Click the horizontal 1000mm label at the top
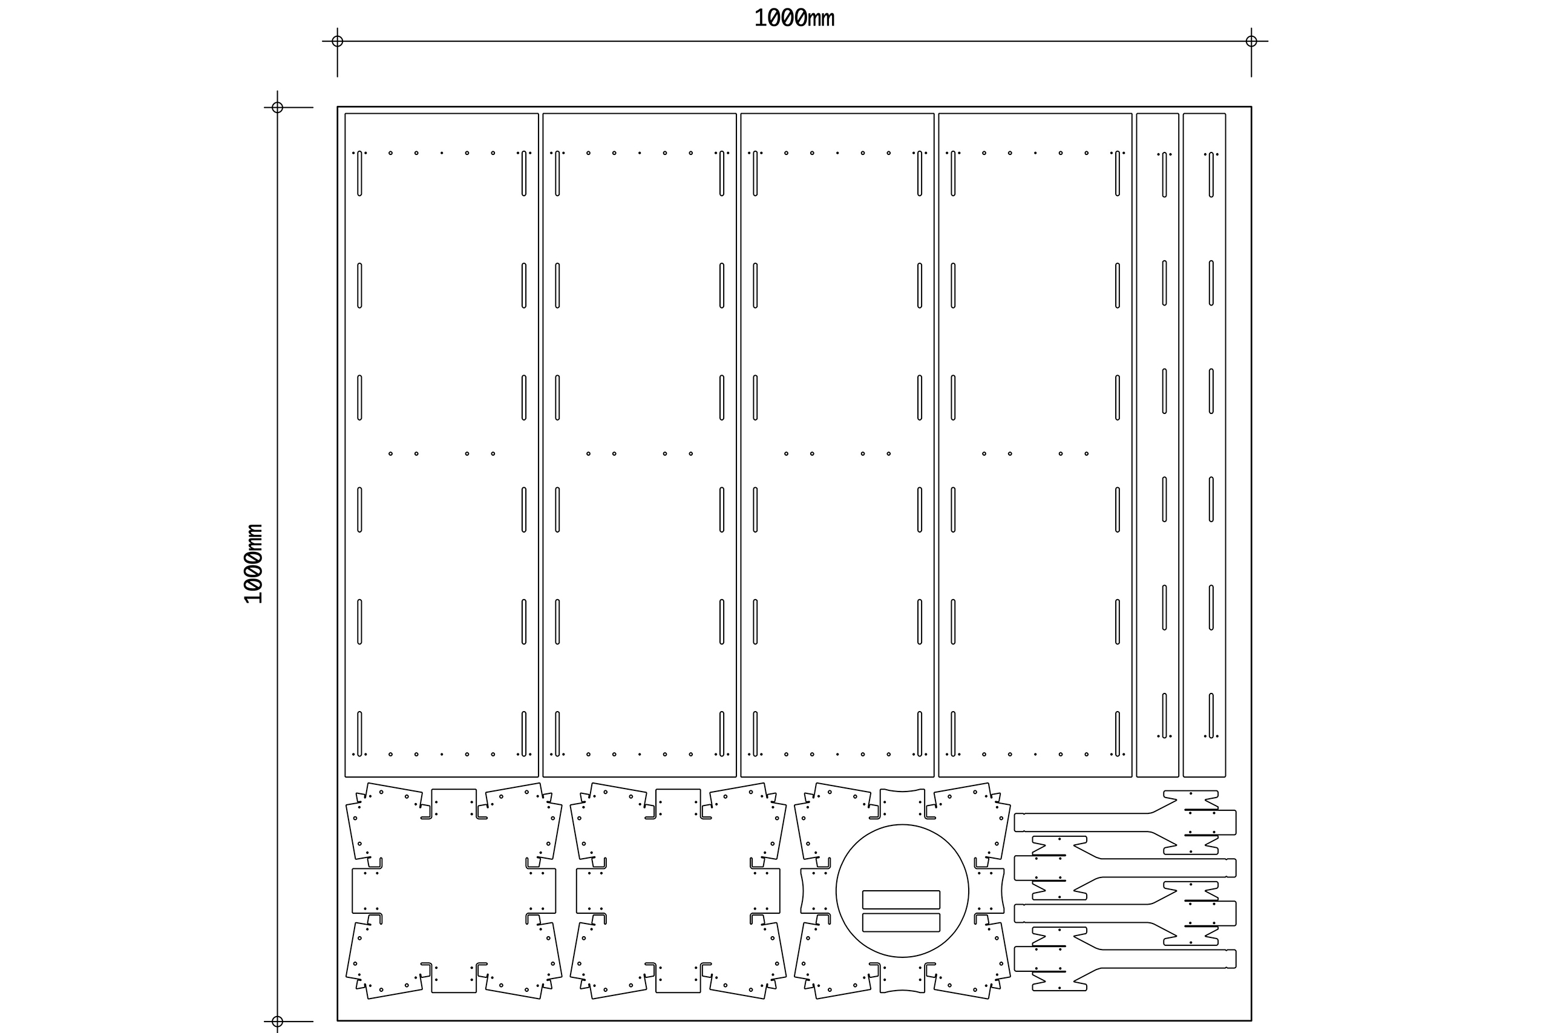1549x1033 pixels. point(794,18)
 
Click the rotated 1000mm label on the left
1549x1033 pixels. point(254,564)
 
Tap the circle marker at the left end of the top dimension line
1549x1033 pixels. point(337,42)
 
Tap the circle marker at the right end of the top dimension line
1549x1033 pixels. point(1251,42)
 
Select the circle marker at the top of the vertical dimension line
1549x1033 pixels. point(277,107)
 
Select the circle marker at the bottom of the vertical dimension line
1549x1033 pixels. point(277,1021)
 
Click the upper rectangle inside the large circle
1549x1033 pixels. point(901,899)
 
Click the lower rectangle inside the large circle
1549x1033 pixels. point(901,922)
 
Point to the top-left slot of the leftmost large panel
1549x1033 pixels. point(359,173)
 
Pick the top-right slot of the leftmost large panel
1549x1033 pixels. point(523,173)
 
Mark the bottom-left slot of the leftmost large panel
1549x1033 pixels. point(359,734)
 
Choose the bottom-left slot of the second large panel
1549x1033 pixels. point(557,734)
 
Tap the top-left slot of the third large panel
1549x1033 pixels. point(755,173)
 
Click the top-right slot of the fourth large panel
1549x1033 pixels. point(1118,173)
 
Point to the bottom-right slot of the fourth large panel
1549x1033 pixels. point(1118,734)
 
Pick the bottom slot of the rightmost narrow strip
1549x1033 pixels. point(1211,716)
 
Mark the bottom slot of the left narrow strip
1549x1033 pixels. point(1164,716)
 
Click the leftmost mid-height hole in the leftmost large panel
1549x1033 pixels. point(390,454)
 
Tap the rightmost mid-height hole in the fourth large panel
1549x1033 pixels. point(1087,454)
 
